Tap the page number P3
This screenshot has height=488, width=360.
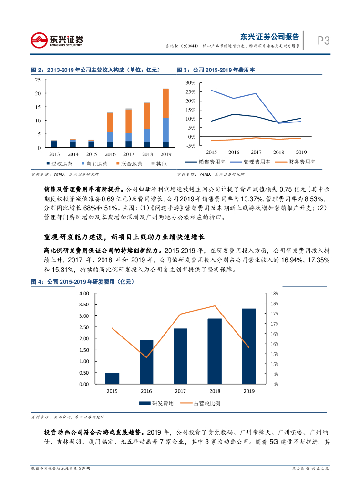pyautogui.click(x=324, y=41)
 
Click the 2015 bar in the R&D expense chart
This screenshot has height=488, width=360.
pyautogui.click(x=112, y=378)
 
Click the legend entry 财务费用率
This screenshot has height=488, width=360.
pyautogui.click(x=302, y=162)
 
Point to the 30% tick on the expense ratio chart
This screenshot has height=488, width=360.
pyautogui.click(x=190, y=83)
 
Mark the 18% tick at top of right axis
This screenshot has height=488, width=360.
pyautogui.click(x=275, y=293)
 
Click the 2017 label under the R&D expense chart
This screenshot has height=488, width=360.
pyautogui.click(x=180, y=391)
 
